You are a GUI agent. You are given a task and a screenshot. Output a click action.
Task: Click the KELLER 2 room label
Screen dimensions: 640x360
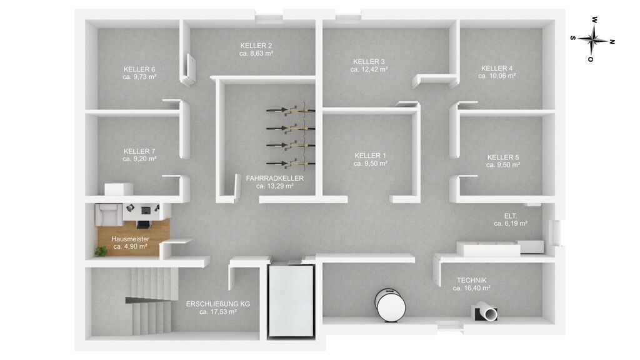point(256,46)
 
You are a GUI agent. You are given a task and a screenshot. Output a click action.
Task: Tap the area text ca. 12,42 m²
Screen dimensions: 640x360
point(369,69)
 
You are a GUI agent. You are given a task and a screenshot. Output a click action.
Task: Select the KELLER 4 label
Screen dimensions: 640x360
point(497,68)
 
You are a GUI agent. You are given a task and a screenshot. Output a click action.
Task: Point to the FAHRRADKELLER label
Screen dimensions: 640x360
point(275,178)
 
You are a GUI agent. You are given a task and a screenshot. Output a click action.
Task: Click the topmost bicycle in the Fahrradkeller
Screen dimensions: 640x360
point(291,109)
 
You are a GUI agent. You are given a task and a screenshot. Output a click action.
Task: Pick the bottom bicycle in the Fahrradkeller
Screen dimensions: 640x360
point(291,163)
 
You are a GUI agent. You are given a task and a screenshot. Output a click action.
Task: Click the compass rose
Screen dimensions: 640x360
point(592,39)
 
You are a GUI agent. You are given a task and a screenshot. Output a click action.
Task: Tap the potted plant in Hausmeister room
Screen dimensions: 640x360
point(101,251)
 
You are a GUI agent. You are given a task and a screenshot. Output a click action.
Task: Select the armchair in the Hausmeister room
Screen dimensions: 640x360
point(109,214)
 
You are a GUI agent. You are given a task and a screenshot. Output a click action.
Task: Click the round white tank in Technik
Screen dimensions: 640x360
point(391,305)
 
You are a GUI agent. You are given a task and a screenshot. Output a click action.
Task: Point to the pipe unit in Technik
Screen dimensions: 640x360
point(486,312)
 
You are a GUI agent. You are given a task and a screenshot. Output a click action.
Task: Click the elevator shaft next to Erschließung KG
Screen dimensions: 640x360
point(291,301)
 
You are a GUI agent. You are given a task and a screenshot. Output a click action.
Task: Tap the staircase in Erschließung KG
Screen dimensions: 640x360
point(151,301)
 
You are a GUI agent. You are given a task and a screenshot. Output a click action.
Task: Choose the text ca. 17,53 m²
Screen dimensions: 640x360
point(218,312)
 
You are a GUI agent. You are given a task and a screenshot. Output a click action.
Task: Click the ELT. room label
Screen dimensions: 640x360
point(511,216)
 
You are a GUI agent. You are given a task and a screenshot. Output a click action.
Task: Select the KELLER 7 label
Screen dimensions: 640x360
point(139,151)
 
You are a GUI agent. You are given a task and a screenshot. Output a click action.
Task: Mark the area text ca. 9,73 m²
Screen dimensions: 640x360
point(139,77)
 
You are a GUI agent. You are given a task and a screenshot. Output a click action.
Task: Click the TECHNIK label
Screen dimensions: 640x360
point(471,281)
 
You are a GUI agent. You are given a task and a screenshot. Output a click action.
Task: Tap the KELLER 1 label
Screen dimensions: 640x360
point(370,156)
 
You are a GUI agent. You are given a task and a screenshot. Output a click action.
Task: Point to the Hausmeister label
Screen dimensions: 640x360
point(130,239)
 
